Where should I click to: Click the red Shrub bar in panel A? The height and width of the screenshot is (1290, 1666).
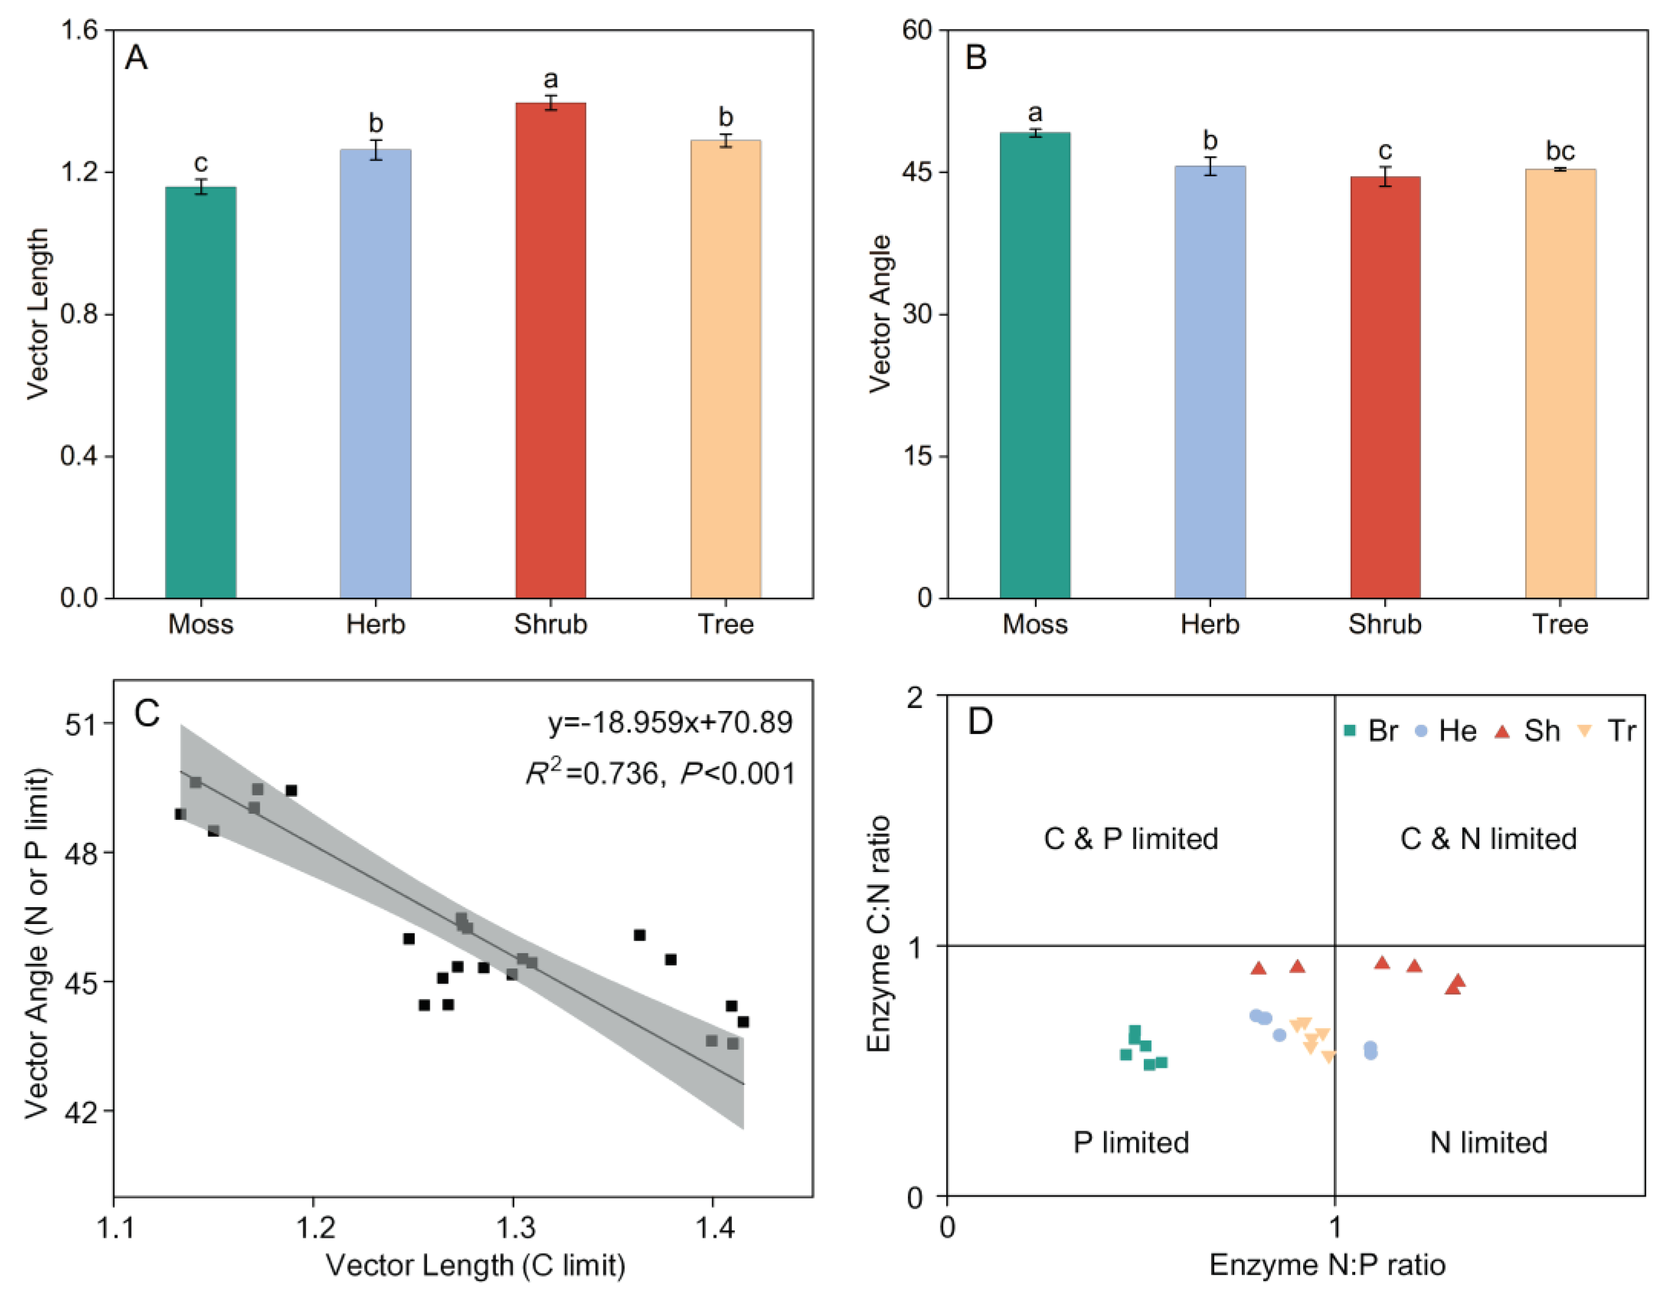tap(550, 351)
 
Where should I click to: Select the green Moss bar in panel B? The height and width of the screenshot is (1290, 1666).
tap(1035, 366)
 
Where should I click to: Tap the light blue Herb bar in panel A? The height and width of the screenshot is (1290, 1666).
tap(375, 374)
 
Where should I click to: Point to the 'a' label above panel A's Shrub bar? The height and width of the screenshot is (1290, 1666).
tap(550, 79)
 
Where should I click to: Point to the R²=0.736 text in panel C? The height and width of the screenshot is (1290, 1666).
tap(592, 773)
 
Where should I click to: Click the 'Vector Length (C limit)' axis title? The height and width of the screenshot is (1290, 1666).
tap(476, 1265)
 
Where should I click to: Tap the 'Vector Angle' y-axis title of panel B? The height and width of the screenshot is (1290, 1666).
tap(880, 314)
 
